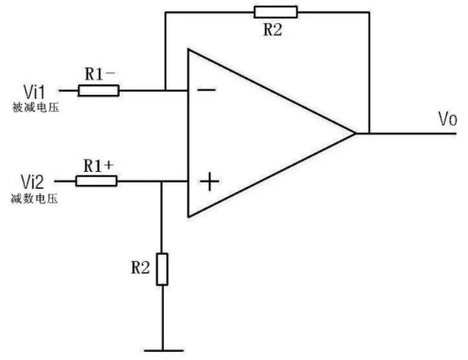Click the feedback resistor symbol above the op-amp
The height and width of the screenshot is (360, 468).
tap(275, 12)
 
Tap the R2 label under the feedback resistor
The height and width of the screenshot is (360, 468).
tap(272, 30)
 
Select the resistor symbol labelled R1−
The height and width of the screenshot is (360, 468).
tap(99, 91)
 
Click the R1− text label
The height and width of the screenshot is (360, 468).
tap(100, 74)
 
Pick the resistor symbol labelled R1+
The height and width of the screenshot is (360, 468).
tap(96, 181)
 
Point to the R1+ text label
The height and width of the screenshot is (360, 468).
tap(99, 166)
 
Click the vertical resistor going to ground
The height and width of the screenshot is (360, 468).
tap(162, 269)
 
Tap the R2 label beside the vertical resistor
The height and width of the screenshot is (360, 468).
tap(140, 268)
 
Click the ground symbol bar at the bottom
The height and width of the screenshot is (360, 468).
tap(164, 350)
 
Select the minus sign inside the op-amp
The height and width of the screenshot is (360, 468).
tap(206, 90)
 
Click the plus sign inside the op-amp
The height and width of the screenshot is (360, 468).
tap(210, 182)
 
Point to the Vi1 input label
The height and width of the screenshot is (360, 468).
tap(34, 92)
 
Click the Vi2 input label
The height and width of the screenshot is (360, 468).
tap(32, 182)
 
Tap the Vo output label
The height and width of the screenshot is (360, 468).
tap(447, 119)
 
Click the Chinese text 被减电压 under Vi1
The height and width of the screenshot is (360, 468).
tap(35, 107)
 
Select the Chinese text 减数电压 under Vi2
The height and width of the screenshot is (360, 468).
tap(35, 198)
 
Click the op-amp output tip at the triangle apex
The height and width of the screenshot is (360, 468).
tap(356, 133)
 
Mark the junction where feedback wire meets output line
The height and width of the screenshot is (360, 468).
tap(369, 133)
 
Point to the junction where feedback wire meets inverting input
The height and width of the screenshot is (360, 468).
tap(165, 90)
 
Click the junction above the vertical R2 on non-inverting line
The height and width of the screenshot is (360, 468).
tap(162, 182)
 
